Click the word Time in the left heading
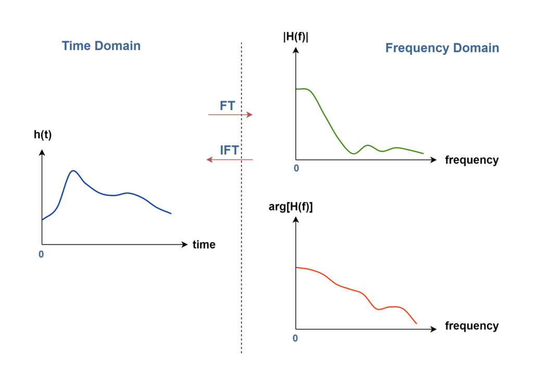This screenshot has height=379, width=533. [77, 46]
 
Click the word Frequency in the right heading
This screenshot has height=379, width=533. [417, 48]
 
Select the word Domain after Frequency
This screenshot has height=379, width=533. [476, 48]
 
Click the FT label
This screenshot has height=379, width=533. [227, 106]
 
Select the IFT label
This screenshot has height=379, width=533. [229, 151]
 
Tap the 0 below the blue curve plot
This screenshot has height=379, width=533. [41, 254]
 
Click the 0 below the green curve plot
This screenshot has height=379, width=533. [296, 168]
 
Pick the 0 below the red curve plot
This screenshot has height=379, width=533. [295, 338]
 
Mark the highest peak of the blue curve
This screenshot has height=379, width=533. [73, 170]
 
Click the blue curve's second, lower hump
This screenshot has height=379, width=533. [129, 193]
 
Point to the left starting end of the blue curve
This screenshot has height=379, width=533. [43, 219]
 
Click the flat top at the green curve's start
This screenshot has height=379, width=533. [303, 89]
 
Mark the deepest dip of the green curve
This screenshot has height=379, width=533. [353, 153]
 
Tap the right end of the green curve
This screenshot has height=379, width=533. [423, 153]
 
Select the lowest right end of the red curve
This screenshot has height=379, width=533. [416, 324]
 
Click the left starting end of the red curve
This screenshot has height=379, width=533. [297, 267]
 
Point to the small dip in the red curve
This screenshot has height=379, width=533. [379, 309]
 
